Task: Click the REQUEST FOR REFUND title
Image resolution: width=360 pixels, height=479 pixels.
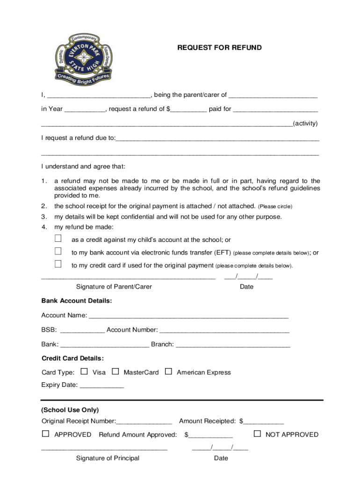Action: (219, 48)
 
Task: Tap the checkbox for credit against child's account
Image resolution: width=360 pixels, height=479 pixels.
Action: (58, 239)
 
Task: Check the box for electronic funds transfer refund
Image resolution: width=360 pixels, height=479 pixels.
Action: (58, 251)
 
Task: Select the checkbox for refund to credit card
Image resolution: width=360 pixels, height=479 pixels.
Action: (58, 264)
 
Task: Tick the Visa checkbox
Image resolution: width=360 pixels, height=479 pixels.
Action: (84, 372)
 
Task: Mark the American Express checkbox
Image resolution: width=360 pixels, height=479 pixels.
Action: (169, 372)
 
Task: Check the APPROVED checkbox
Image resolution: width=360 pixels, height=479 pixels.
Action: (45, 434)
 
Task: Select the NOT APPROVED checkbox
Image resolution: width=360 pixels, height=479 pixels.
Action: (257, 434)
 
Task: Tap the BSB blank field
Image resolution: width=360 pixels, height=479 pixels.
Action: (82, 330)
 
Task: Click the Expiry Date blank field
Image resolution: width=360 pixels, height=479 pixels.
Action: (102, 386)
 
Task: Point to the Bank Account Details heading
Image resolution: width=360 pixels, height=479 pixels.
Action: (77, 301)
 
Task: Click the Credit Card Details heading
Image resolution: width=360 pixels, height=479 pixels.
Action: (73, 358)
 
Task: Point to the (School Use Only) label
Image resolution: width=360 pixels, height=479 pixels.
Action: (70, 410)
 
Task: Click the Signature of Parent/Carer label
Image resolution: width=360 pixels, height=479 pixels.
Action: (114, 287)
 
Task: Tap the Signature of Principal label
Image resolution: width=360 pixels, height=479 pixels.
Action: (108, 458)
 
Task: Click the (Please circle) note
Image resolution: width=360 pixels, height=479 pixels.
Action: (275, 206)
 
